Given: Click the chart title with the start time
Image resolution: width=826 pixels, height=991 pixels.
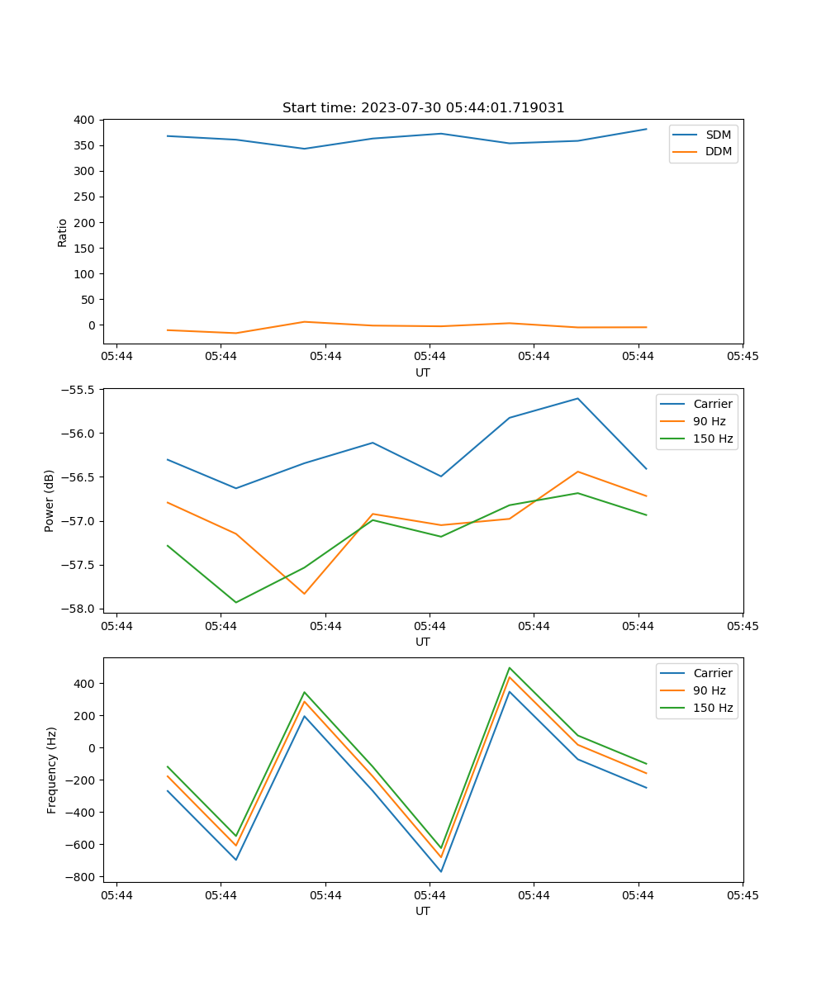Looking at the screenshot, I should [423, 108].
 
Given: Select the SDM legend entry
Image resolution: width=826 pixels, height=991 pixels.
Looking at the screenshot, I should [718, 135].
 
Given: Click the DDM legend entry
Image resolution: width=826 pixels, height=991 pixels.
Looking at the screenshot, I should [718, 151].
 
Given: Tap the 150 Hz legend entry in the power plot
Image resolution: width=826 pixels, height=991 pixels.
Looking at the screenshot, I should [713, 439].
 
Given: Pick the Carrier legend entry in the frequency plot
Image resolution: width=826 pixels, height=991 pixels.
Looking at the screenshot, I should [712, 673].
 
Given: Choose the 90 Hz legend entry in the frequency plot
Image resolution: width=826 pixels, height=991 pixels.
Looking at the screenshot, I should [709, 690].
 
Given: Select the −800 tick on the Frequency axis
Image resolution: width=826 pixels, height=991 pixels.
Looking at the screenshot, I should [79, 877].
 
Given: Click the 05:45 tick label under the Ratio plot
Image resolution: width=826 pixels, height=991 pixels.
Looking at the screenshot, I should [742, 356].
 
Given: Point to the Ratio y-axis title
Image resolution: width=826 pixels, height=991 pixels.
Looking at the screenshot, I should [63, 232].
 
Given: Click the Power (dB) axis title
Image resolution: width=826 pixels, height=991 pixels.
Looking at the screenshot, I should [50, 500].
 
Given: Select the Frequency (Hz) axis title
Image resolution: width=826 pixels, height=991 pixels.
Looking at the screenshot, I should [52, 770].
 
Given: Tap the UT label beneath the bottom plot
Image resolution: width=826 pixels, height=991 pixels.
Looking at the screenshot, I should [423, 911].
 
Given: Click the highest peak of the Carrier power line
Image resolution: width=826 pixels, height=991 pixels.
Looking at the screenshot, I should [578, 399].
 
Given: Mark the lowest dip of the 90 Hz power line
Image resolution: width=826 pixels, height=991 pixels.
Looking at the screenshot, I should [305, 594].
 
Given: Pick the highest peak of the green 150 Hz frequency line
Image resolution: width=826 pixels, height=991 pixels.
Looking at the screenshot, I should [510, 667].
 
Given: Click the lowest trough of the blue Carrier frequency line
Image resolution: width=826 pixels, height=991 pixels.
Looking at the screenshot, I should [441, 871].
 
